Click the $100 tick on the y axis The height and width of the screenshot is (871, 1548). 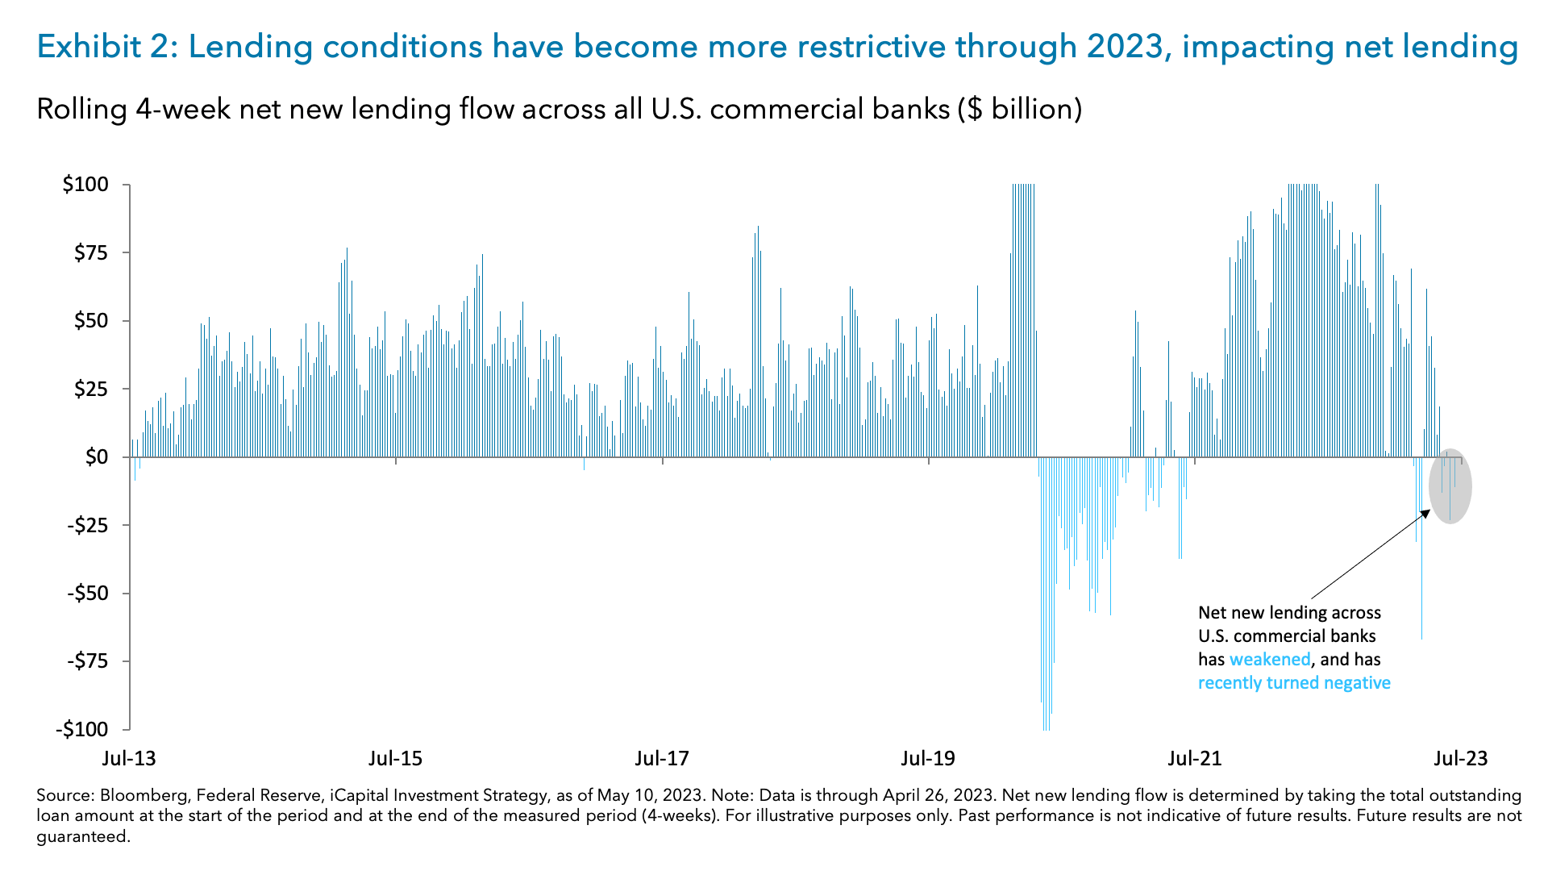85,185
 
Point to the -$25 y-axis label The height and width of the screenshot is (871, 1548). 88,526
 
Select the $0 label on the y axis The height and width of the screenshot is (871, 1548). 96,457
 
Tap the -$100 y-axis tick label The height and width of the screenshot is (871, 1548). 81,730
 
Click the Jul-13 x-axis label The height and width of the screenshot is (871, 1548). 129,758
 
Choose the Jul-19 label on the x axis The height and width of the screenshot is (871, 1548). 928,758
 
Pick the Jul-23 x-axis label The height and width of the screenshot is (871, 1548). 1461,758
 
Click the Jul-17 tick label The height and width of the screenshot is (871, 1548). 662,758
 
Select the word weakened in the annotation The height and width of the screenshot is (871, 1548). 1270,660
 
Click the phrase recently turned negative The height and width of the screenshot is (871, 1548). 1294,683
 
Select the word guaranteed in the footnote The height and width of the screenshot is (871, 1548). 81,837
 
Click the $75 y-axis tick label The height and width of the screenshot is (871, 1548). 90,253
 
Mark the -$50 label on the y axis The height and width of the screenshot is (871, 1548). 88,594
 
